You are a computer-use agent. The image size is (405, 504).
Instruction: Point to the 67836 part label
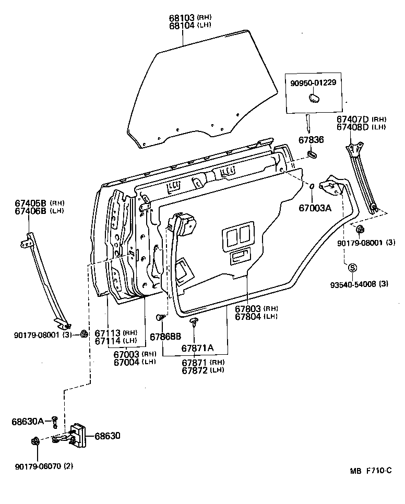pos(311,140)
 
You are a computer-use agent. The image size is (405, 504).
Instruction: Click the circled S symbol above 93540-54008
pos(352,268)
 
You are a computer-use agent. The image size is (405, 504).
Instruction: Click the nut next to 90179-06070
pos(35,441)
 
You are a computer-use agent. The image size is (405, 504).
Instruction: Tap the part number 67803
pos(248,309)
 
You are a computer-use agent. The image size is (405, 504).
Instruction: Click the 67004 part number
pos(127,361)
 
